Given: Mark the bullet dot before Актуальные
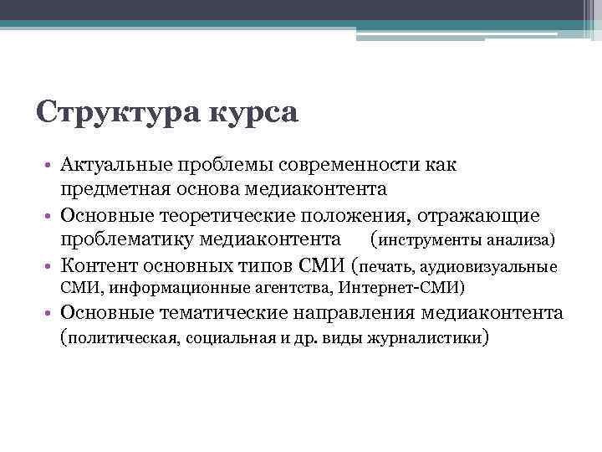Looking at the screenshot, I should pyautogui.click(x=51, y=167).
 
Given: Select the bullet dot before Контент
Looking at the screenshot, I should pyautogui.click(x=51, y=267).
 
